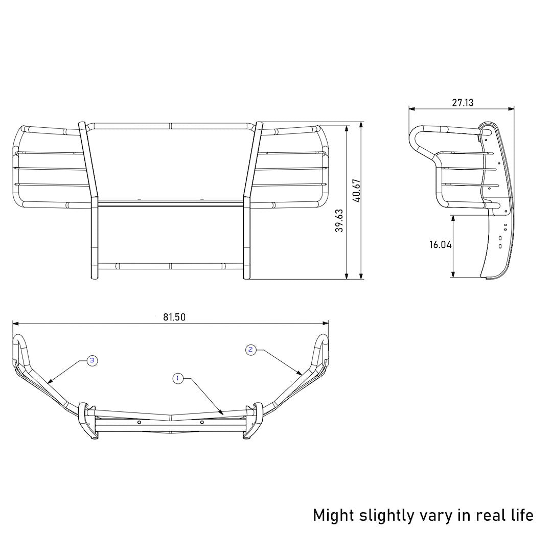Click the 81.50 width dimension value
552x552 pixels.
tap(174, 317)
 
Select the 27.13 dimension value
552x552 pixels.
tap(462, 103)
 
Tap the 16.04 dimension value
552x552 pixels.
tap(440, 245)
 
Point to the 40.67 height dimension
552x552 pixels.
tap(357, 190)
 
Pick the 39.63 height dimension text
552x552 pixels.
tap(339, 220)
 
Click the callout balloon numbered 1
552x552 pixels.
tap(177, 378)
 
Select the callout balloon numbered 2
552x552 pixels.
tap(250, 350)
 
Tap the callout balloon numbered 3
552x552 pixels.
tap(92, 361)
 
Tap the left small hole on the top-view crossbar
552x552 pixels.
tap(139, 422)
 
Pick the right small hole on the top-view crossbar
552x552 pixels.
tap(202, 422)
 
